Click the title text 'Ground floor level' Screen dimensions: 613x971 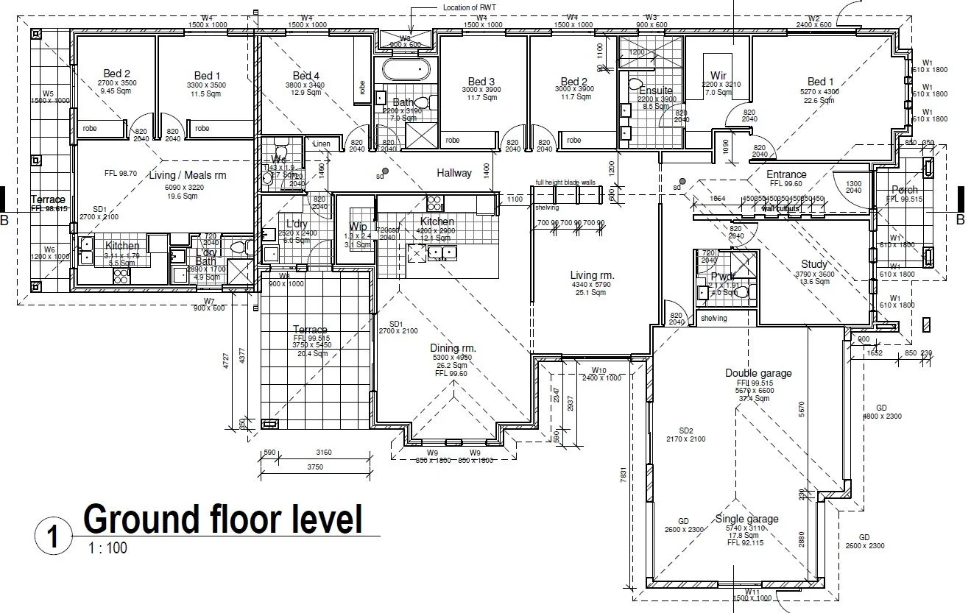pos(223,520)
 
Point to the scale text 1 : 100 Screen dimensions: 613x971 pos(107,548)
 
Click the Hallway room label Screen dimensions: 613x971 pos(454,174)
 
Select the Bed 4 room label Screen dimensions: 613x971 pos(306,76)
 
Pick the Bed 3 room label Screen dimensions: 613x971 pos(481,81)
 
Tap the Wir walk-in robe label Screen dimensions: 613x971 pos(718,76)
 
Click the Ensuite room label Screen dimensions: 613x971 pos(655,91)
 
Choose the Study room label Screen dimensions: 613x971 pos(814,264)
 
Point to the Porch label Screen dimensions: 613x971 pos(904,190)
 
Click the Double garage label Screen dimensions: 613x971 pos(758,373)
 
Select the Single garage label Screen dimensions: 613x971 pos(746,519)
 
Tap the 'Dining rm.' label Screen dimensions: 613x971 pos(453,348)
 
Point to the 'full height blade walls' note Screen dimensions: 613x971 pos(565,182)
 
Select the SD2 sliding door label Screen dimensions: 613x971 pos(686,430)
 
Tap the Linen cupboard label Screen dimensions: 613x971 pos(322,143)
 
